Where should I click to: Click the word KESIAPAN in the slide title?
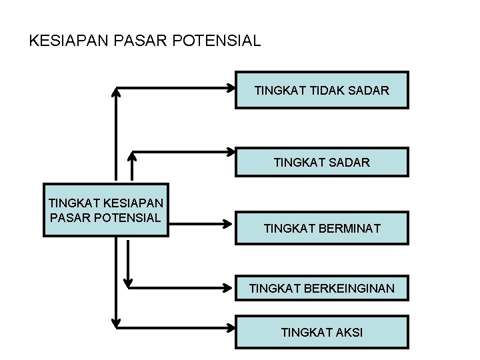pos(62,41)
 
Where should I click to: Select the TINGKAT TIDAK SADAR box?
pos(321,90)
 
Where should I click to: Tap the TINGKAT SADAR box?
pos(321,162)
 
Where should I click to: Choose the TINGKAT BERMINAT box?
pos(321,229)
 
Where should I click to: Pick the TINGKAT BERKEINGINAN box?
pos(321,289)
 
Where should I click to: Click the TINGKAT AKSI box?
pos(321,332)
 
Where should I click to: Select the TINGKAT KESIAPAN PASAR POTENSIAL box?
pos(106,210)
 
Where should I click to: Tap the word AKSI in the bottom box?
pos(349,332)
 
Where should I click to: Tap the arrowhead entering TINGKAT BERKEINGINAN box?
pos(230,288)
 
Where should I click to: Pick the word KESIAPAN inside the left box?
pos(125,203)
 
